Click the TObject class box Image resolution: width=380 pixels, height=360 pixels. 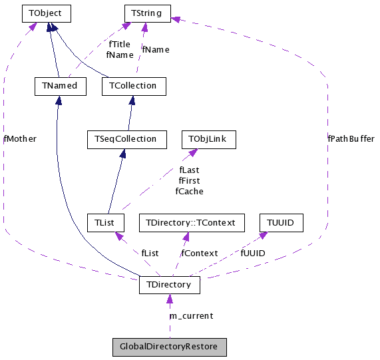[46, 13]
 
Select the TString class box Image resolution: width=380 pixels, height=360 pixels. [148, 13]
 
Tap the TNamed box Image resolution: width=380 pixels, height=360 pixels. [60, 86]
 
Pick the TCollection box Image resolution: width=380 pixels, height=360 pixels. [134, 86]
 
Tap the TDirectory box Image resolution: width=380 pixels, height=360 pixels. [169, 285]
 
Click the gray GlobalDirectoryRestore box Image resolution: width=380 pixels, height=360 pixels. [170, 347]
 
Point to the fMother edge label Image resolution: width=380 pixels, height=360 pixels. [20, 139]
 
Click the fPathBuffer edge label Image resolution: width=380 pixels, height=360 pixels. [351, 139]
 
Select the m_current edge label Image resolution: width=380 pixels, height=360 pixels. [191, 315]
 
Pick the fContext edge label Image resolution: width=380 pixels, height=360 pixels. [199, 254]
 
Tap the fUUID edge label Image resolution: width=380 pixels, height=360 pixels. [253, 254]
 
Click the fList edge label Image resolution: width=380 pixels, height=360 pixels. [150, 254]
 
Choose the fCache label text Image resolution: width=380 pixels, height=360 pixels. [189, 192]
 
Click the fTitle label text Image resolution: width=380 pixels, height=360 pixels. [120, 45]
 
